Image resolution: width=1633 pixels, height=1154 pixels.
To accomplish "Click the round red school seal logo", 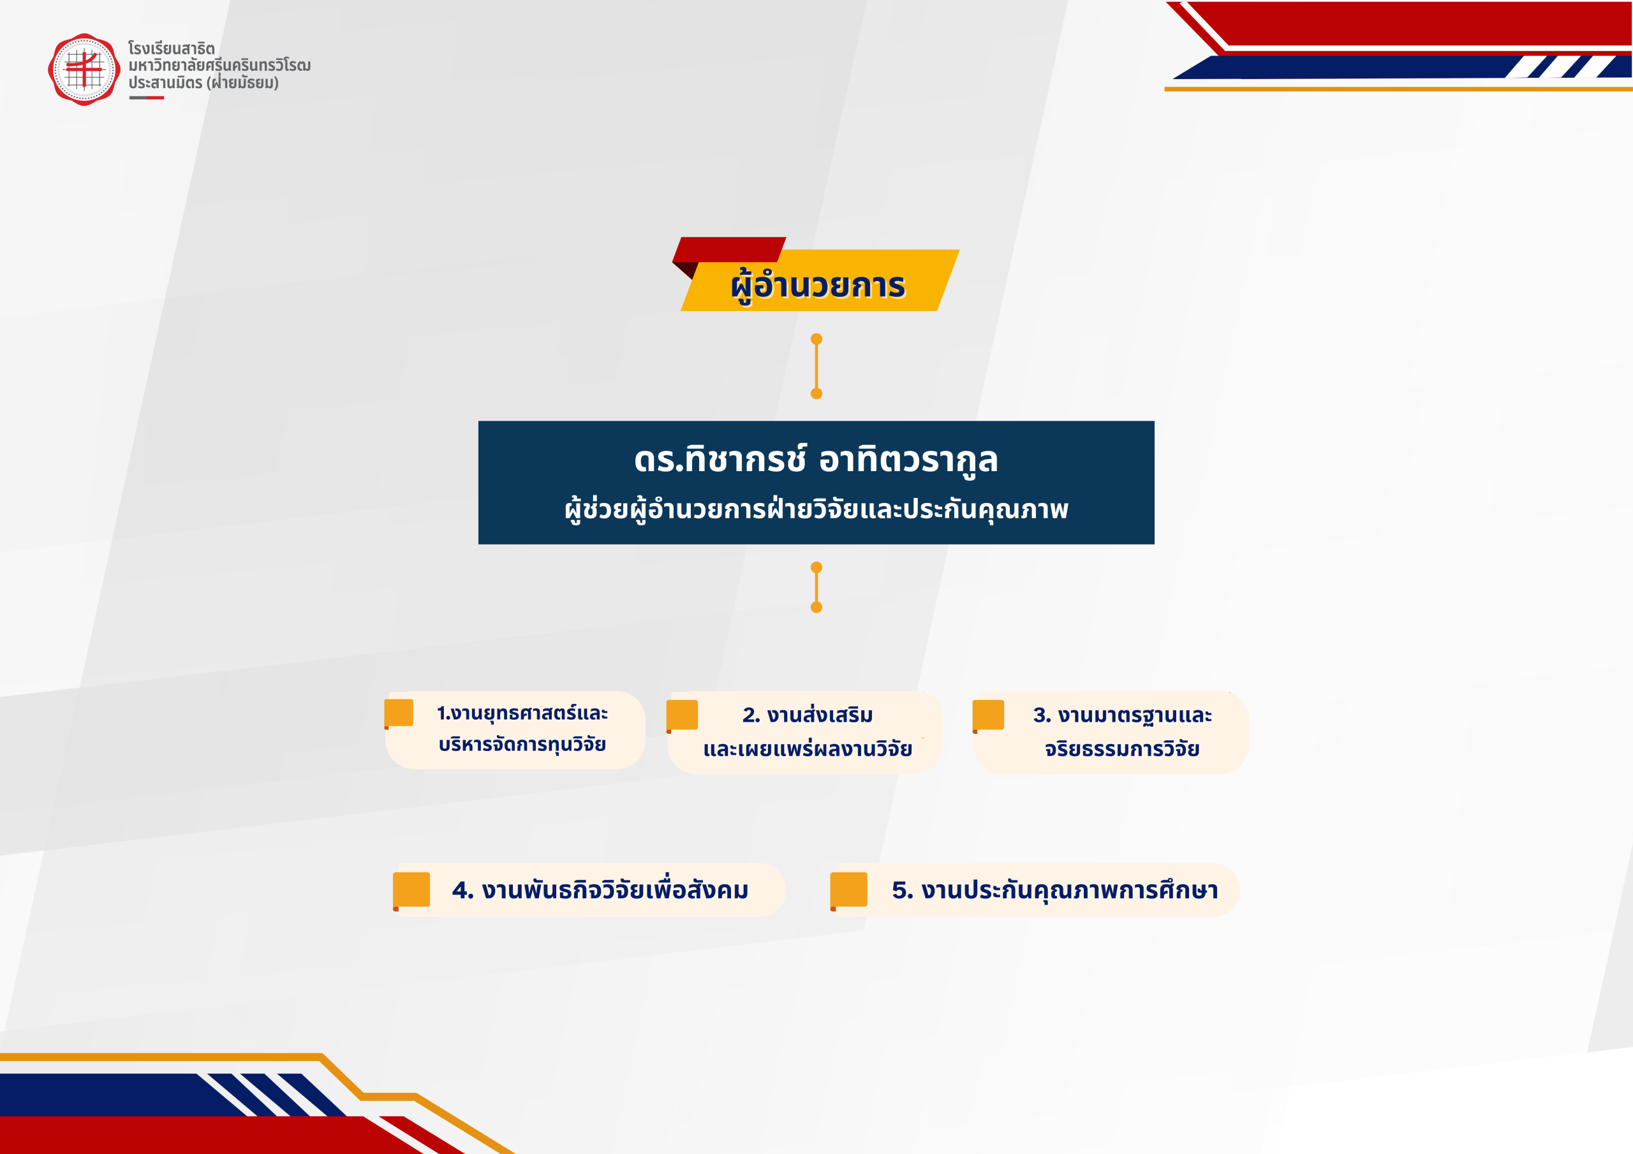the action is click(x=84, y=69).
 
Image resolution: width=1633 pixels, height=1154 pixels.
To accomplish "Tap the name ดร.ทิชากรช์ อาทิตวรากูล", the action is click(x=816, y=461).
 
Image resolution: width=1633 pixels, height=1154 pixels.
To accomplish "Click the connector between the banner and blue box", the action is click(x=816, y=366).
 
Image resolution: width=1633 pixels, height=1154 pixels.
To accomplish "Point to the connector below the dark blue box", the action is click(x=816, y=587).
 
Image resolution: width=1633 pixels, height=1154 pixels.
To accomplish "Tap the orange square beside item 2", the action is click(x=682, y=715).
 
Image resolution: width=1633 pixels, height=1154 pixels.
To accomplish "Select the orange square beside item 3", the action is click(x=989, y=715).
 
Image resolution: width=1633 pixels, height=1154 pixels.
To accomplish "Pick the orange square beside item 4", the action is click(x=411, y=890).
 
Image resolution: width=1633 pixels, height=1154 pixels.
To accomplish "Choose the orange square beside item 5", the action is click(x=848, y=890).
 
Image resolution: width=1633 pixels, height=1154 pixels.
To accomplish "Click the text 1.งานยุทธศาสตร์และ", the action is click(x=522, y=713).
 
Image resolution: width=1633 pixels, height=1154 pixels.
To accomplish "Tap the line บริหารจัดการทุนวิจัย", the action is click(x=522, y=745).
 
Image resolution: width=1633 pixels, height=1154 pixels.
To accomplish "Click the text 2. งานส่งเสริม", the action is click(x=808, y=715).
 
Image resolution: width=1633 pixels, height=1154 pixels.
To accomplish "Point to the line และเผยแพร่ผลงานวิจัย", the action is click(x=808, y=749).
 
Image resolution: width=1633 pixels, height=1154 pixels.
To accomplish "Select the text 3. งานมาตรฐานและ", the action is click(x=1122, y=715).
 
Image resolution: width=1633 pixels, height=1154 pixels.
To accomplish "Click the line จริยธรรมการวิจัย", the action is click(x=1122, y=749).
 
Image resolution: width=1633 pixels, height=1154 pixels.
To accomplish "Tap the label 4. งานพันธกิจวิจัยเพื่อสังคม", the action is click(x=600, y=890).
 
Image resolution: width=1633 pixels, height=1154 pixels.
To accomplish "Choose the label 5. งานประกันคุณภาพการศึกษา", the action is click(x=1055, y=890).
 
